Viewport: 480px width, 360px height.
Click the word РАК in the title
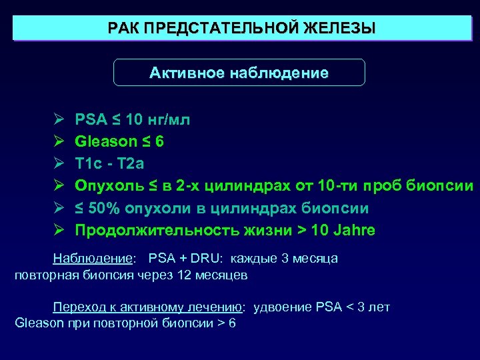click(x=123, y=29)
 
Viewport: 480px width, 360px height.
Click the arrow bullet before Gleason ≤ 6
click(x=58, y=141)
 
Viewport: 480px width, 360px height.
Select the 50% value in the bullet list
click(x=104, y=208)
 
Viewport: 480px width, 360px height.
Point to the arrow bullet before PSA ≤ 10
click(x=58, y=119)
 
